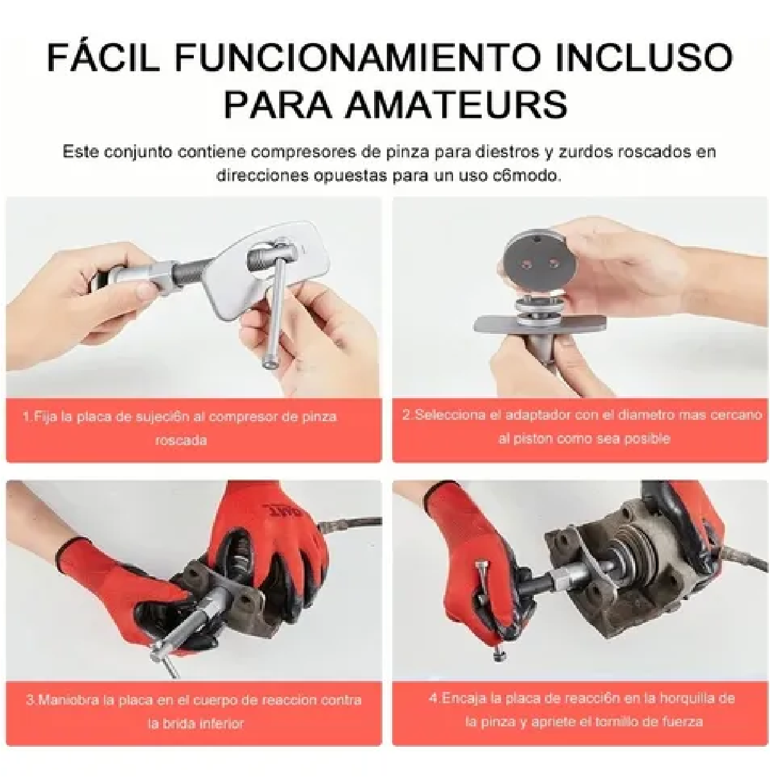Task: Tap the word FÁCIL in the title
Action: [103, 58]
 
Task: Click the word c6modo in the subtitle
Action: [531, 175]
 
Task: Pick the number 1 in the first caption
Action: [26, 417]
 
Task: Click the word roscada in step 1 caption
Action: [181, 440]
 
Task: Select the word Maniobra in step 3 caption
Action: [66, 700]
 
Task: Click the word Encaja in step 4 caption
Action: [463, 698]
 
